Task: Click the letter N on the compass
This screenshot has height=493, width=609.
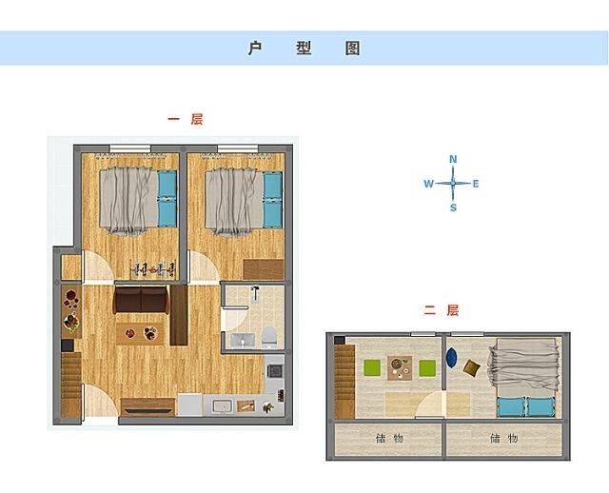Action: point(453,159)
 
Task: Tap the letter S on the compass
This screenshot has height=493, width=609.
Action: point(453,207)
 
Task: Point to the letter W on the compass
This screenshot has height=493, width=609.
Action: point(428,184)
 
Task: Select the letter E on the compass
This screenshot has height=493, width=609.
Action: point(476,184)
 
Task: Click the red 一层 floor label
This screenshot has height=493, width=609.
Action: point(186,119)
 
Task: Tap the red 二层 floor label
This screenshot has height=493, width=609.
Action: point(442,310)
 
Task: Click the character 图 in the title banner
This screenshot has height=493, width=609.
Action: point(353,49)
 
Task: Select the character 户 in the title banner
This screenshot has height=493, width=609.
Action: point(255,49)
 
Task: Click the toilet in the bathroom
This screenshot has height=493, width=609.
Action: point(269,336)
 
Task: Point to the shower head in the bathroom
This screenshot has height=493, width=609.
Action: point(256,292)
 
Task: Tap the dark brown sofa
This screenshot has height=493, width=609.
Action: point(141,300)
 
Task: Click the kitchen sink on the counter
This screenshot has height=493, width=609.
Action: point(222,406)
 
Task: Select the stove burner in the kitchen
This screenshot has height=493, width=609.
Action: point(275,371)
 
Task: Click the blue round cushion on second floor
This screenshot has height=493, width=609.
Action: point(451,358)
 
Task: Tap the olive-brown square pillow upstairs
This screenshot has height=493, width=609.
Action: point(472,367)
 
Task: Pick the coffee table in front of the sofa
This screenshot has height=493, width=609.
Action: point(140,333)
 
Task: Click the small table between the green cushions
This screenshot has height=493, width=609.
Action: point(400,368)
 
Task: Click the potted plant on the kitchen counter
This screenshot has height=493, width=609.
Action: point(268,407)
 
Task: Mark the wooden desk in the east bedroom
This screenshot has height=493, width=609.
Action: point(264,269)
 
